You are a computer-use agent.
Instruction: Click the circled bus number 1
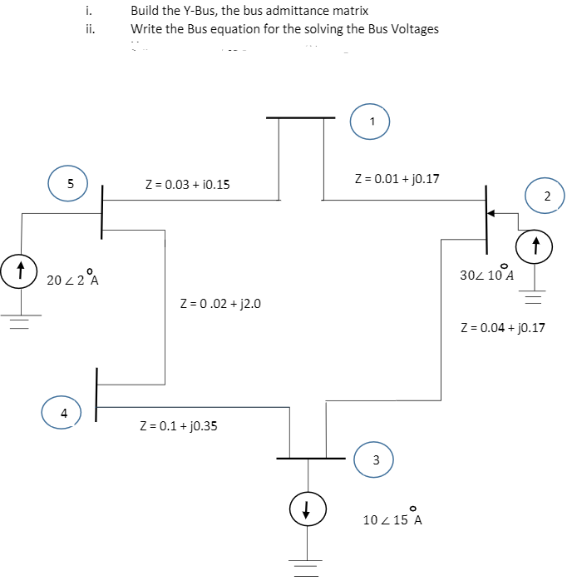pos(372,121)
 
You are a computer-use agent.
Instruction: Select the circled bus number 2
pos(547,196)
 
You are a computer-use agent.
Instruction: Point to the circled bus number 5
pos(71,184)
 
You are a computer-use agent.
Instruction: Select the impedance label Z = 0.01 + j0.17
pos(397,177)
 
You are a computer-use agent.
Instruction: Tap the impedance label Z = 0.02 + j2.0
pos(220,303)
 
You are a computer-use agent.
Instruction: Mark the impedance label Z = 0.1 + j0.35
pos(179,426)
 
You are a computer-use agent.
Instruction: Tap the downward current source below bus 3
pos(307,509)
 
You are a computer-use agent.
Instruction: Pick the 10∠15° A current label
pos(392,519)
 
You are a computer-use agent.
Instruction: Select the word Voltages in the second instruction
pos(413,28)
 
